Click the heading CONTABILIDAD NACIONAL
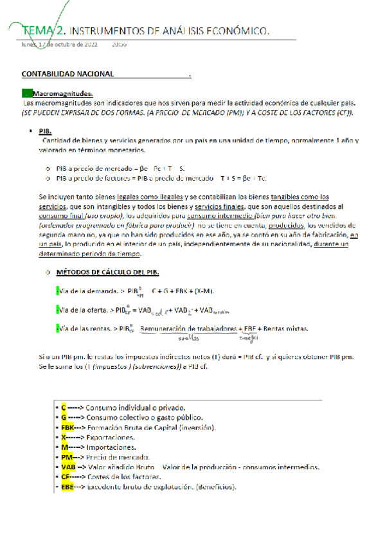pyautogui.click(x=67, y=75)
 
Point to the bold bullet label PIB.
pyautogui.click(x=45, y=130)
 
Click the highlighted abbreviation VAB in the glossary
pyautogui.click(x=69, y=467)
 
